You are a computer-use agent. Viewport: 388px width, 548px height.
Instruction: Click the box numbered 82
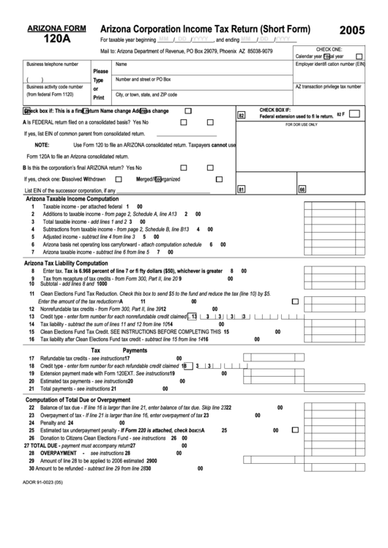pos(242,116)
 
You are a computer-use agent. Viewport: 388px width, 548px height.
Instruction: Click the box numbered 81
pos(242,189)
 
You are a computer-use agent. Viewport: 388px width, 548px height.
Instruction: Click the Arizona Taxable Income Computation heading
pos(72,199)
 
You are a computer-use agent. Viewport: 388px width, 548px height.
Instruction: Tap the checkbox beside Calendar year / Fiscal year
pos(359,56)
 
